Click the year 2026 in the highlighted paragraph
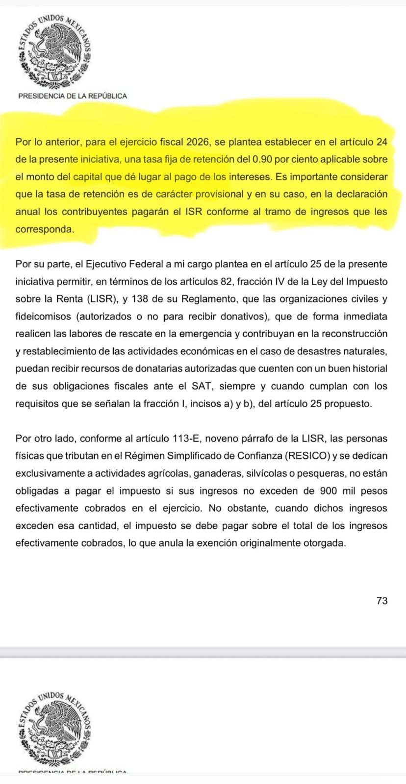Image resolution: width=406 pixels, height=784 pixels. coord(199,142)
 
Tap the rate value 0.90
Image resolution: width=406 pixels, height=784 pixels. coord(262,159)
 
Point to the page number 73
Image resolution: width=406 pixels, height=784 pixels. coord(382,601)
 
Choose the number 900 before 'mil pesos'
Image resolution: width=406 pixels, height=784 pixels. coord(328,491)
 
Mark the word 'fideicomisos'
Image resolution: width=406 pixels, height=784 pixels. coord(43,317)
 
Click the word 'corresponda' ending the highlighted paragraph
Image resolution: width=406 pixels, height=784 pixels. coord(44,229)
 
